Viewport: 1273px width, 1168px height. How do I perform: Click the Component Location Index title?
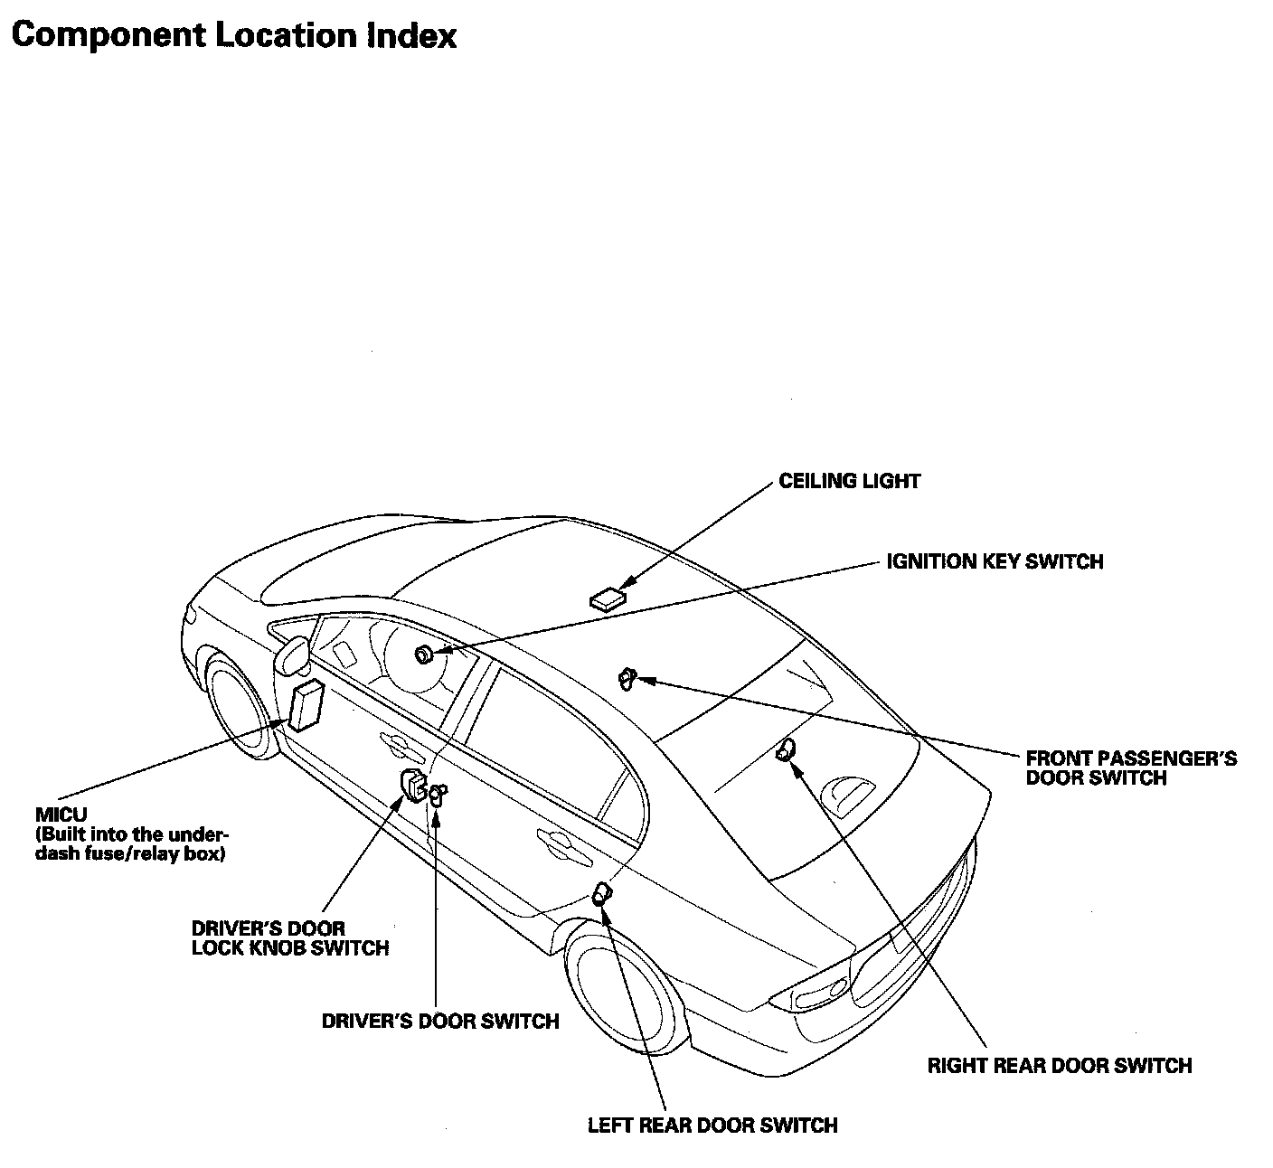[x=234, y=35]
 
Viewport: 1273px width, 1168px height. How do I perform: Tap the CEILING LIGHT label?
[x=849, y=481]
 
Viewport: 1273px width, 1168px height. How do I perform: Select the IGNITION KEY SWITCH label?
[x=995, y=561]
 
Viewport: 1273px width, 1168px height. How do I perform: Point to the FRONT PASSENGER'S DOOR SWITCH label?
[x=1131, y=768]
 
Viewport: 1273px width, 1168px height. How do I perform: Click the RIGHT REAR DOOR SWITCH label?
[x=1059, y=1066]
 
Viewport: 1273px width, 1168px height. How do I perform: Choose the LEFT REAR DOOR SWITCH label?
[x=712, y=1126]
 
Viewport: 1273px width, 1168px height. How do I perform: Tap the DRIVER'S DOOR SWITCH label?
[x=440, y=1021]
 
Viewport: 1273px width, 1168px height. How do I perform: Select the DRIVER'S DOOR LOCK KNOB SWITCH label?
[x=289, y=938]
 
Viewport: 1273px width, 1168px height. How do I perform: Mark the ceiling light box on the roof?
[x=608, y=598]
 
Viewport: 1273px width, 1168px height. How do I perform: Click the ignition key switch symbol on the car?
[x=423, y=655]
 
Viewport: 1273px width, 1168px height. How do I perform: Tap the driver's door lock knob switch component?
[x=413, y=785]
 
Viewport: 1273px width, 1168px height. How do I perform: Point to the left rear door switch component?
[x=600, y=896]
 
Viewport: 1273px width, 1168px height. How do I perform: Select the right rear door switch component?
[x=786, y=749]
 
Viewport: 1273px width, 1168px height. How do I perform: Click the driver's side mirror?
[x=291, y=652]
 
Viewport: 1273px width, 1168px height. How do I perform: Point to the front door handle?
[x=395, y=744]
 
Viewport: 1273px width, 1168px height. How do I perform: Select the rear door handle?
[x=552, y=840]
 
